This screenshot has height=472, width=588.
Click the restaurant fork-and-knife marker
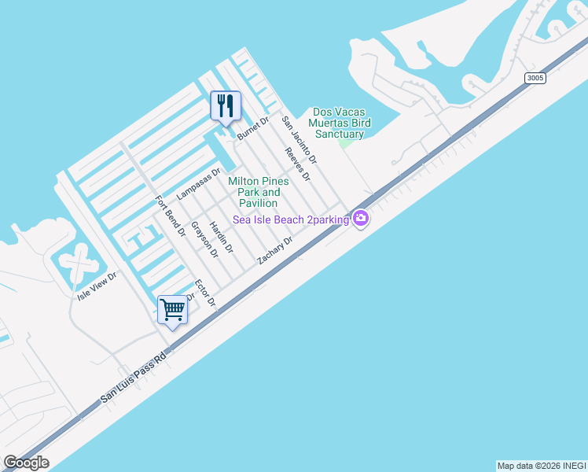pos(226,106)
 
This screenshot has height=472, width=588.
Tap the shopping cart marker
pos(173,310)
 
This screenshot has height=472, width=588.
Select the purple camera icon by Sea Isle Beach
pos(361,219)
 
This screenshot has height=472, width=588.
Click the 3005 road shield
pos(535,78)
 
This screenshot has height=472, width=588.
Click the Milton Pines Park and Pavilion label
pos(259,192)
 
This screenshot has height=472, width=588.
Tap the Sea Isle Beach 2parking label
pos(291,220)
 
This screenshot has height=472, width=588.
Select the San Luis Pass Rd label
pos(134,378)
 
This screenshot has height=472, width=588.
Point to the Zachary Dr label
pos(275,250)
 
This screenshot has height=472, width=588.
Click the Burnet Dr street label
pos(253,128)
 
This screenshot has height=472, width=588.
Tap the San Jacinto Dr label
pos(299,140)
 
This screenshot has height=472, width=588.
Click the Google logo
pos(26,463)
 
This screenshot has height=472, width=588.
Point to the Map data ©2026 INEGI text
pos(541,466)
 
